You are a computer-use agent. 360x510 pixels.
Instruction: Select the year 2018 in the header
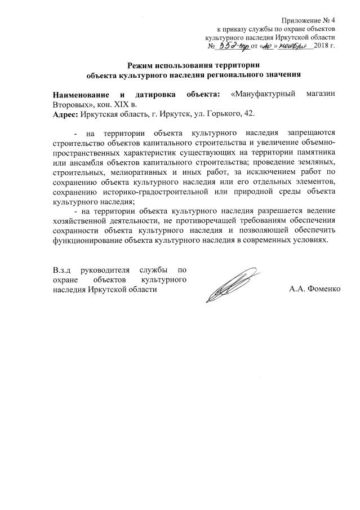[x=322, y=45]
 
